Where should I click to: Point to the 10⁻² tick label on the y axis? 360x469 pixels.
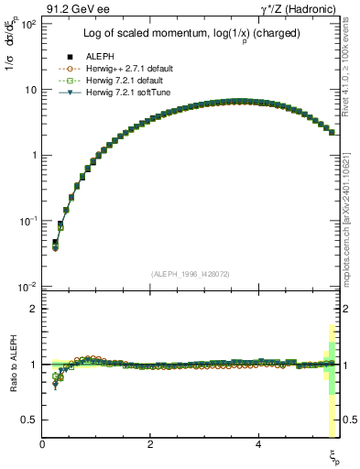(26, 287)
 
